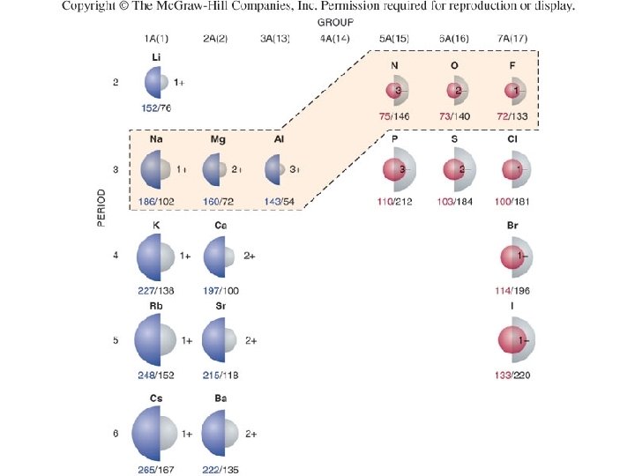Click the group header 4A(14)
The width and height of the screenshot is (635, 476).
334,38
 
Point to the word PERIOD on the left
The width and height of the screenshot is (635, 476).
102,208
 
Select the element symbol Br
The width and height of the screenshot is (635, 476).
512,227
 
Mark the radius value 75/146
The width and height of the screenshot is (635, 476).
393,116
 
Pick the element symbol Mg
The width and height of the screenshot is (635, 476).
217,139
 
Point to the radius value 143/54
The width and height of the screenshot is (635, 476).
279,201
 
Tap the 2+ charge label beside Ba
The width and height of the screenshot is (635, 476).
250,434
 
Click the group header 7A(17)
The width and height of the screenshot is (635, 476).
512,38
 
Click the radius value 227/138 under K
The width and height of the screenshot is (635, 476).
156,291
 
